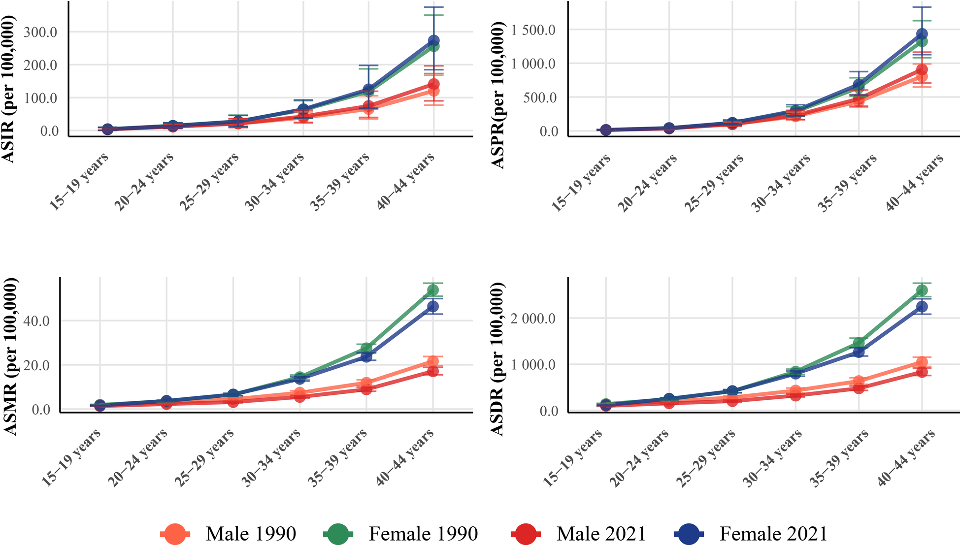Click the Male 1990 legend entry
[x=228, y=534]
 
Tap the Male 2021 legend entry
[x=579, y=534]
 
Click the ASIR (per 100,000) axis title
[x=8, y=89]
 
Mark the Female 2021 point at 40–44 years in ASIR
[x=433, y=40]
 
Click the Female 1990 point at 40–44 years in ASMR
[x=432, y=290]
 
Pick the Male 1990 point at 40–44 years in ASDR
[x=922, y=363]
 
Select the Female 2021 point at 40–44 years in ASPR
[x=922, y=34]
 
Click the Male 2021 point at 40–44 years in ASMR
[x=432, y=371]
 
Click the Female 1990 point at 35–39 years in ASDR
[x=859, y=343]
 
